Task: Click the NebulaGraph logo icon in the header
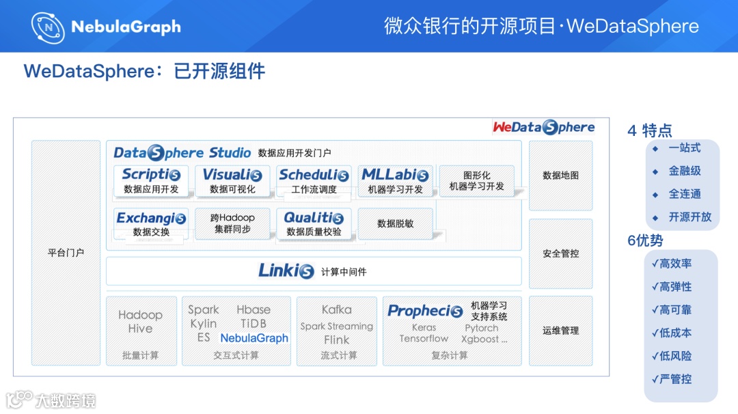point(48,27)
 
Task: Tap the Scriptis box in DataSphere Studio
point(151,181)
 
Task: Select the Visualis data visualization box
point(232,181)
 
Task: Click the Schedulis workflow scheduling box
point(314,181)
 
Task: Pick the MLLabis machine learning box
point(396,181)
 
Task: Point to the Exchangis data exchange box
point(151,224)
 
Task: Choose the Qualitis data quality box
point(314,224)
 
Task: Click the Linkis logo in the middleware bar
point(286,271)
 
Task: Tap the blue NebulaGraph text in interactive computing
point(254,338)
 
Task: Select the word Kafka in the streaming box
point(336,310)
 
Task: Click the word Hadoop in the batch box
point(140,315)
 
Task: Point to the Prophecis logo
point(425,311)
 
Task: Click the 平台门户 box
point(66,253)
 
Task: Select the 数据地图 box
point(560,176)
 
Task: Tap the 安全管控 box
point(560,253)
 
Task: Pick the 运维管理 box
point(560,331)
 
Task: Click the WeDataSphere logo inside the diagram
point(544,127)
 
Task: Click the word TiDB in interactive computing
point(254,324)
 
